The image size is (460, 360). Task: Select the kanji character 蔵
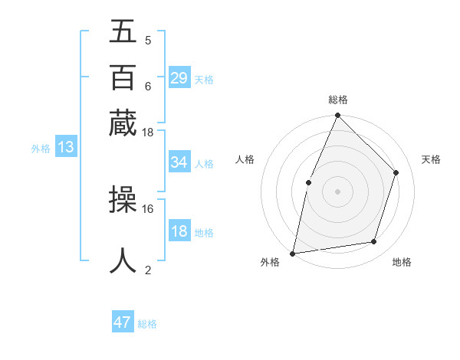[x=123, y=122]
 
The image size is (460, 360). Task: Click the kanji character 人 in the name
[x=123, y=260]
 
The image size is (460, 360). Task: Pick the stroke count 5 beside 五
[x=147, y=41]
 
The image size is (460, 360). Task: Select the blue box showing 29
[x=179, y=78]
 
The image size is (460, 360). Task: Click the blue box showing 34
[x=179, y=162]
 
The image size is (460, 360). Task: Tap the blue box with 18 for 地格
[x=179, y=231]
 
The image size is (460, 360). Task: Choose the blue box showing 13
[x=65, y=148]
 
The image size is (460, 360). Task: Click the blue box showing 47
[x=123, y=322]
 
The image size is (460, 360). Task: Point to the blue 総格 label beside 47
[x=148, y=324]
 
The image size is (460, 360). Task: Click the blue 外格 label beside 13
[x=40, y=149]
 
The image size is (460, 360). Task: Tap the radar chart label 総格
[x=338, y=100]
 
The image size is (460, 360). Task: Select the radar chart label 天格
[x=432, y=159]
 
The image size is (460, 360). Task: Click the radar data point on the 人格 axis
[x=308, y=182]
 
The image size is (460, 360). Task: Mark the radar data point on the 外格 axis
[x=292, y=253]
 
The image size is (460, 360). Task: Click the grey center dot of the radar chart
[x=337, y=191]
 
